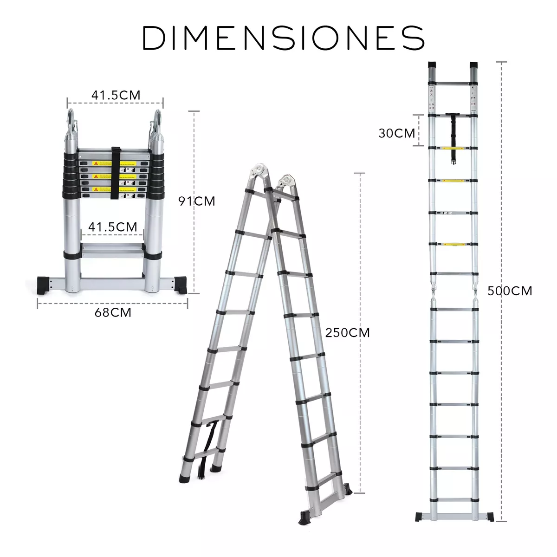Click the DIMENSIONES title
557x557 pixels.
(283, 38)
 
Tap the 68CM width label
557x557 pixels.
(113, 312)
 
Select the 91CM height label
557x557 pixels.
(197, 201)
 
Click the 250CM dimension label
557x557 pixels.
(347, 332)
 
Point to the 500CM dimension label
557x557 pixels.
(510, 291)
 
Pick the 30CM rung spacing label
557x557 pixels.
(396, 133)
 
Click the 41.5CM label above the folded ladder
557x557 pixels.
(116, 95)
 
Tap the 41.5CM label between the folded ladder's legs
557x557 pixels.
(113, 227)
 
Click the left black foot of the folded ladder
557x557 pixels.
(45, 284)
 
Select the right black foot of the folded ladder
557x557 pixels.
(181, 284)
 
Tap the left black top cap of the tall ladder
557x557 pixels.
(432, 65)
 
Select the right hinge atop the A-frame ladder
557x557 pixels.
(285, 182)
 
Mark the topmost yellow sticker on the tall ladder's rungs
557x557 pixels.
(453, 149)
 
